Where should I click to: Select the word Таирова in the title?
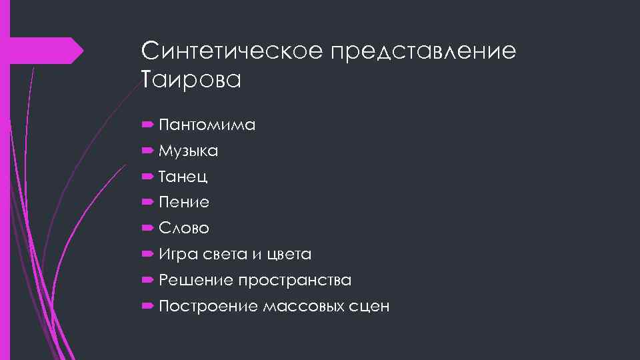tap(191, 80)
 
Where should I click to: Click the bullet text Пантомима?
tap(207, 125)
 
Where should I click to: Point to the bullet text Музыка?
tap(188, 151)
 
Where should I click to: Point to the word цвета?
tap(288, 255)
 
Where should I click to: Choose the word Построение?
tap(208, 307)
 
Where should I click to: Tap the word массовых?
tap(303, 307)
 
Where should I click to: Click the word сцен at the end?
tap(369, 307)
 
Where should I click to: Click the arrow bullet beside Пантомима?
tap(147, 125)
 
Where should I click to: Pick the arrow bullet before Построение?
tap(147, 307)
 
